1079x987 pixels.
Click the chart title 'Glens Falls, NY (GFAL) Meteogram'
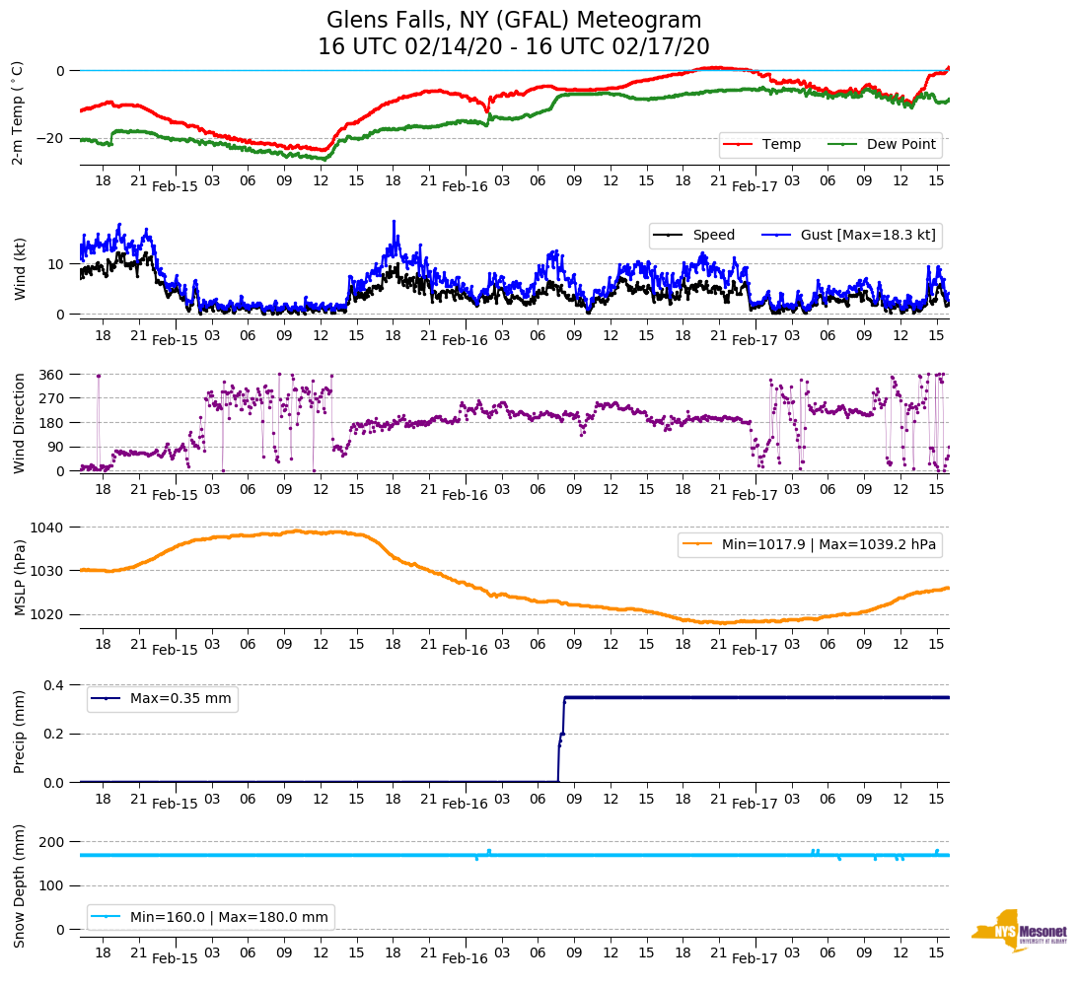pos(514,21)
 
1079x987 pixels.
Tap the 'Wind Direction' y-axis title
pos(19,422)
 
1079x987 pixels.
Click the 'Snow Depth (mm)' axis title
pos(19,884)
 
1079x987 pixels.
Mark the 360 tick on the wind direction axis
pos(52,375)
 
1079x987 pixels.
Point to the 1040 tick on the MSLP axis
pos(48,528)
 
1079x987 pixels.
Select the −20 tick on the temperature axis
pos(48,138)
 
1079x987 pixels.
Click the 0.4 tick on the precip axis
pos(52,685)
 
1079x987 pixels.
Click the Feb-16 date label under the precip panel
pos(465,804)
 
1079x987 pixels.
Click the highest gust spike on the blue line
pos(394,222)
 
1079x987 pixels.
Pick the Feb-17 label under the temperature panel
pos(755,186)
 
